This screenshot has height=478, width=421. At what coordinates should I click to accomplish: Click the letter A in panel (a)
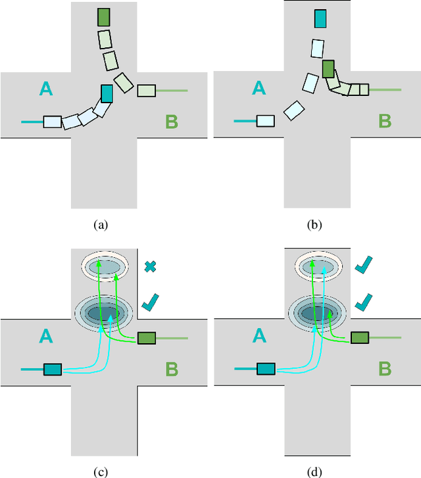pyautogui.click(x=45, y=88)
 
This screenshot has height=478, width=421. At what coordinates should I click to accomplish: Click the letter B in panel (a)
pyautogui.click(x=171, y=121)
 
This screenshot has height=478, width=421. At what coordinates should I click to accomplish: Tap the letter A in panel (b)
pyautogui.click(x=259, y=88)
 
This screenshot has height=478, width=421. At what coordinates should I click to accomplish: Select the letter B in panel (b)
pyautogui.click(x=385, y=121)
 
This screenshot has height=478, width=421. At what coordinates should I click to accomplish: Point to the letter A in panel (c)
pyautogui.click(x=45, y=337)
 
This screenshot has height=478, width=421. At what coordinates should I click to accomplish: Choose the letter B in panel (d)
pyautogui.click(x=385, y=369)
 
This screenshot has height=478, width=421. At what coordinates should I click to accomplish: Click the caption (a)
pyautogui.click(x=100, y=224)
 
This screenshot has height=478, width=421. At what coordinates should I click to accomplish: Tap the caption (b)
pyautogui.click(x=314, y=224)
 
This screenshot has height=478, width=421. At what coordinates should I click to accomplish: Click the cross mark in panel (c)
pyautogui.click(x=149, y=267)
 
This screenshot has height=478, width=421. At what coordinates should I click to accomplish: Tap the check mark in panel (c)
pyautogui.click(x=151, y=302)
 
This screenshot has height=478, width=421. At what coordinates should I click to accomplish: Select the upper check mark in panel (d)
pyautogui.click(x=362, y=267)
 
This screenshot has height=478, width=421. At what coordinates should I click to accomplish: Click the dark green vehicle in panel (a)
pyautogui.click(x=103, y=18)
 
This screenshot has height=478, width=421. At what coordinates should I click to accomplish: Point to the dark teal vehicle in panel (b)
pyautogui.click(x=320, y=18)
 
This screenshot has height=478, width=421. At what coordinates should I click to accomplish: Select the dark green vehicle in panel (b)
pyautogui.click(x=329, y=69)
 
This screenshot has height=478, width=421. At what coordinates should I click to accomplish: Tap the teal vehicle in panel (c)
pyautogui.click(x=53, y=370)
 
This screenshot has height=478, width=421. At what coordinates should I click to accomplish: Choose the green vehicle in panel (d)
pyautogui.click(x=359, y=338)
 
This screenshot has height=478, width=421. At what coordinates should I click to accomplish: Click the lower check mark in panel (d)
pyautogui.click(x=362, y=302)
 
